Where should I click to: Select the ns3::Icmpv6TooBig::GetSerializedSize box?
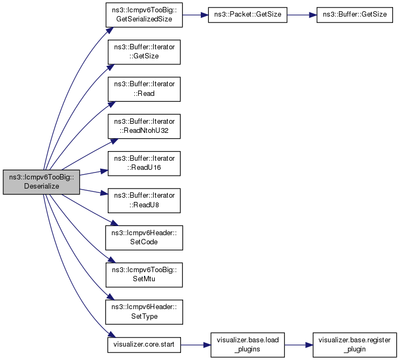point(144,14)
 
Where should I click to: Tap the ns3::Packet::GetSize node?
point(247,14)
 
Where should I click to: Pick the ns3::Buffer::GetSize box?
point(351,14)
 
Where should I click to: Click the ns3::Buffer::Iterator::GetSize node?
point(144,51)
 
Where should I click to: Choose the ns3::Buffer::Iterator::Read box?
point(144,89)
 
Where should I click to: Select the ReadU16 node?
point(144,163)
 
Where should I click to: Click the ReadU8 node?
point(144,200)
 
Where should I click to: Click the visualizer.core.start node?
point(144,346)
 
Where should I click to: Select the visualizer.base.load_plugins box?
point(247,346)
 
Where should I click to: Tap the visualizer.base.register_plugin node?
point(351,346)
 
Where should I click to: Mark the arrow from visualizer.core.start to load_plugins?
point(195,346)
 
